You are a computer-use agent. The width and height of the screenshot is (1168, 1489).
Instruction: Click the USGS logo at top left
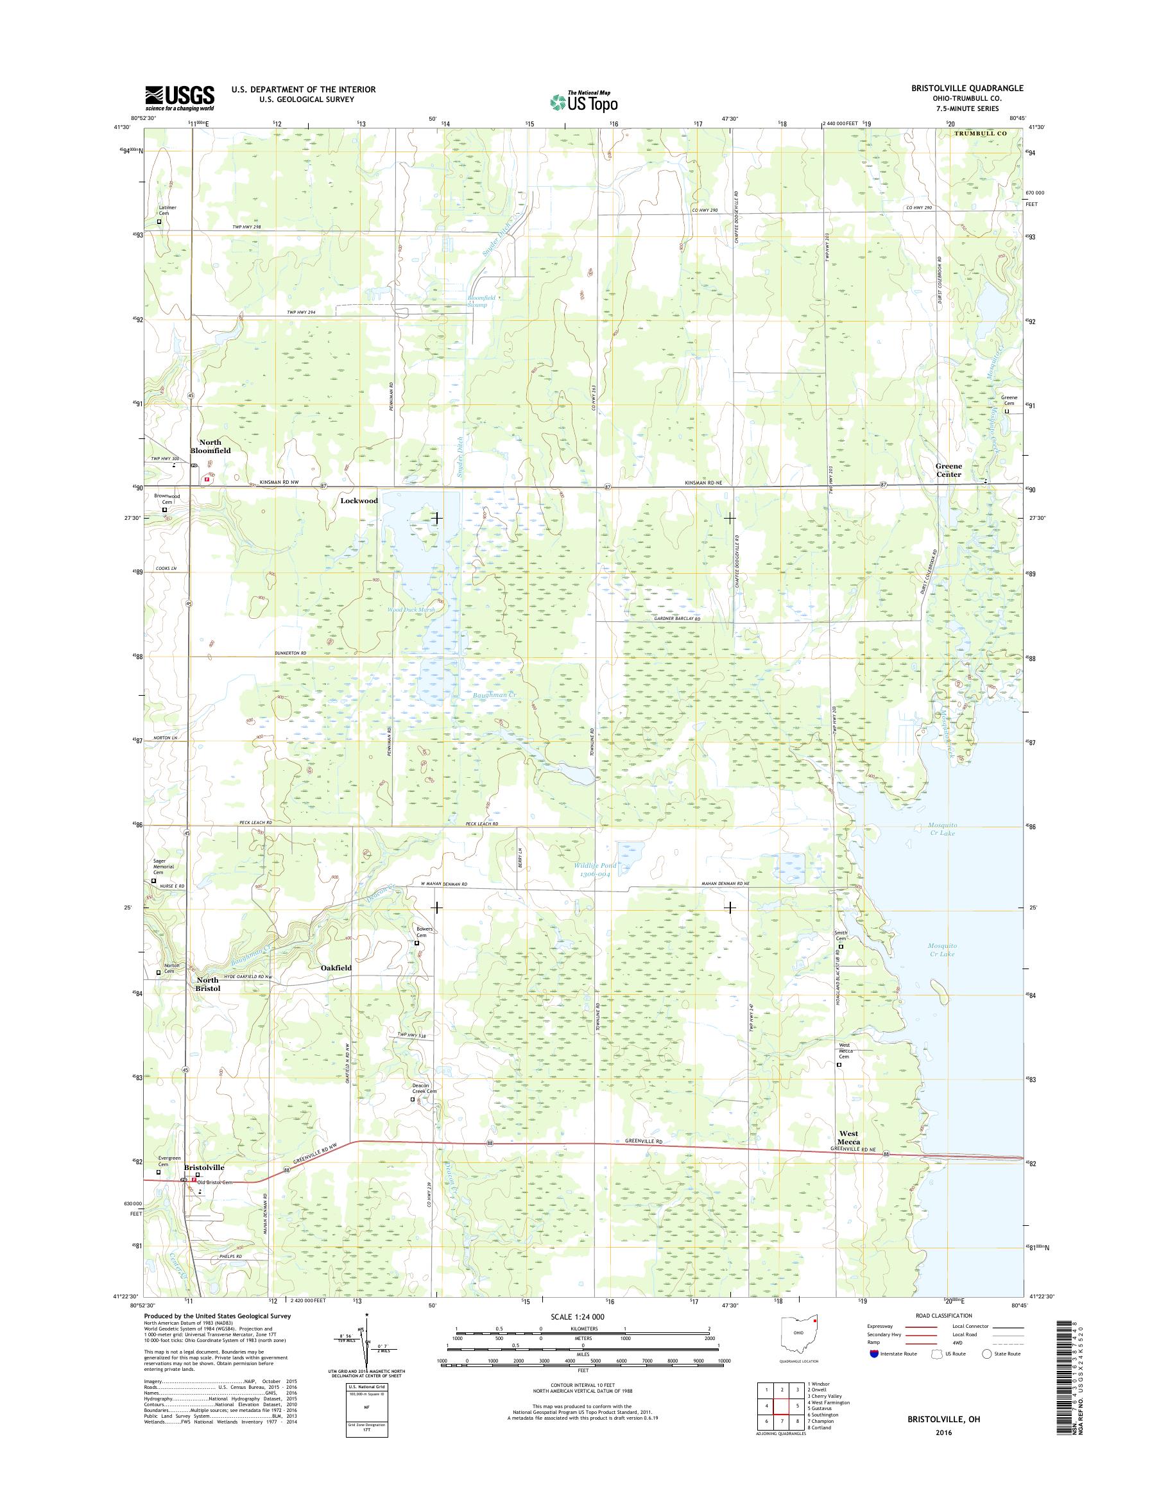(x=179, y=98)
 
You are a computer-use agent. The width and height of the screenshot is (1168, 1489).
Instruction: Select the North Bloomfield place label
(x=215, y=447)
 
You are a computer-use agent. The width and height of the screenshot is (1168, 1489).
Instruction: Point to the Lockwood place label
(x=359, y=501)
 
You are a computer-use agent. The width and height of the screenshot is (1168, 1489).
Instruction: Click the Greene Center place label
(x=948, y=470)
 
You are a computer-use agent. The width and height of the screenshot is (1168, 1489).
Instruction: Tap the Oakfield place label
(x=336, y=968)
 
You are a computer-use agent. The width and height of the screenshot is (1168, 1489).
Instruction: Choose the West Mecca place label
(x=848, y=1137)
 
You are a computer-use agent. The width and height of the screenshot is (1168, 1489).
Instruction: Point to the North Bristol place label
(x=208, y=985)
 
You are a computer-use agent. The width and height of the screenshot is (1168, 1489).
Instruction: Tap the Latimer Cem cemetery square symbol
(x=160, y=221)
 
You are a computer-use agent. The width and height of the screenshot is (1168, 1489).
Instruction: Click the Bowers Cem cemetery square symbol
(x=417, y=943)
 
